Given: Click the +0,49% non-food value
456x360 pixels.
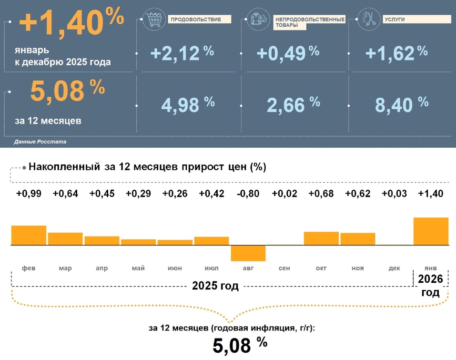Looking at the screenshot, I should [287, 53].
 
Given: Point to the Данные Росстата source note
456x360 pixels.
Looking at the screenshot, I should [40, 142].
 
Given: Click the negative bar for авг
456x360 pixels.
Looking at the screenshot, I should [248, 253].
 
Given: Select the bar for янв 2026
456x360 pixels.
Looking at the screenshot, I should [431, 231].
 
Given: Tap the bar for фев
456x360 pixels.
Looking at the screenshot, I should [29, 235].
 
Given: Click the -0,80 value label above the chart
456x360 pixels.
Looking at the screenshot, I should [248, 194].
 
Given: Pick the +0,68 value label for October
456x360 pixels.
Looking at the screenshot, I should [321, 194].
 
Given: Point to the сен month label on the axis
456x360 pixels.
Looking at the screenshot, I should [284, 268].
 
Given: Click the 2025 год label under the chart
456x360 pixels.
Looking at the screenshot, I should [215, 286].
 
